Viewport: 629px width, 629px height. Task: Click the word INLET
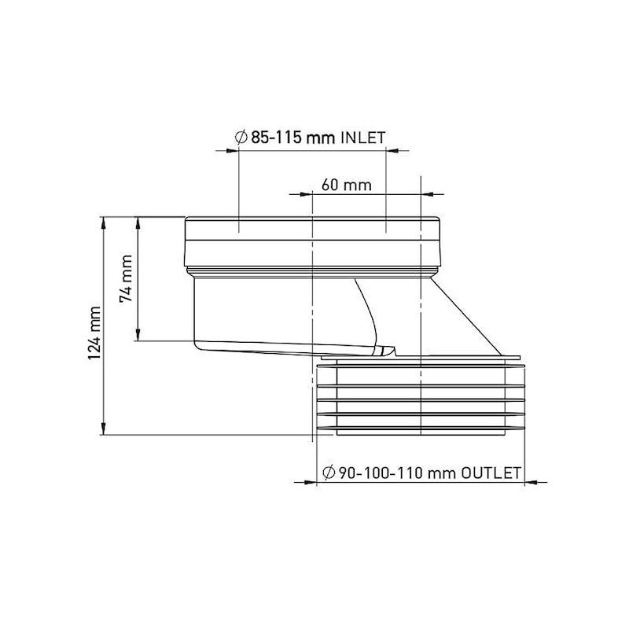(x=362, y=138)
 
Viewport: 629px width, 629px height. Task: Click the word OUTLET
(x=491, y=473)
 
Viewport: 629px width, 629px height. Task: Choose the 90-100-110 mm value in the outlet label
(x=399, y=473)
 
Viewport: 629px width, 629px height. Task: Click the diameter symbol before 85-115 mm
(x=242, y=138)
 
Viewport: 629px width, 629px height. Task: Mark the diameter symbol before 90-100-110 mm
(x=331, y=473)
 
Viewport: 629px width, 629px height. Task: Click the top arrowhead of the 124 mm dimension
(x=104, y=223)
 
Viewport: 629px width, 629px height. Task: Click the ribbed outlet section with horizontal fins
(x=421, y=401)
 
